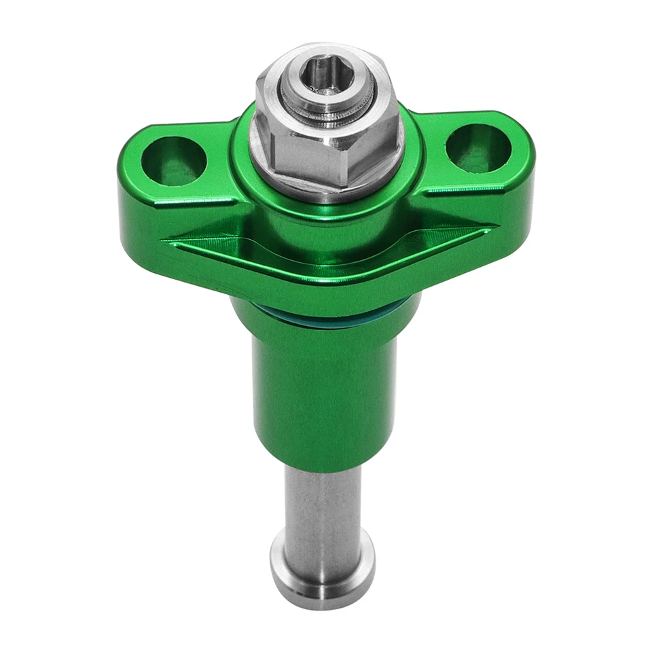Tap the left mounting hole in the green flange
tap(173, 161)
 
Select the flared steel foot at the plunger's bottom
tap(323, 567)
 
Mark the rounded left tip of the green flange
tap(126, 204)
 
